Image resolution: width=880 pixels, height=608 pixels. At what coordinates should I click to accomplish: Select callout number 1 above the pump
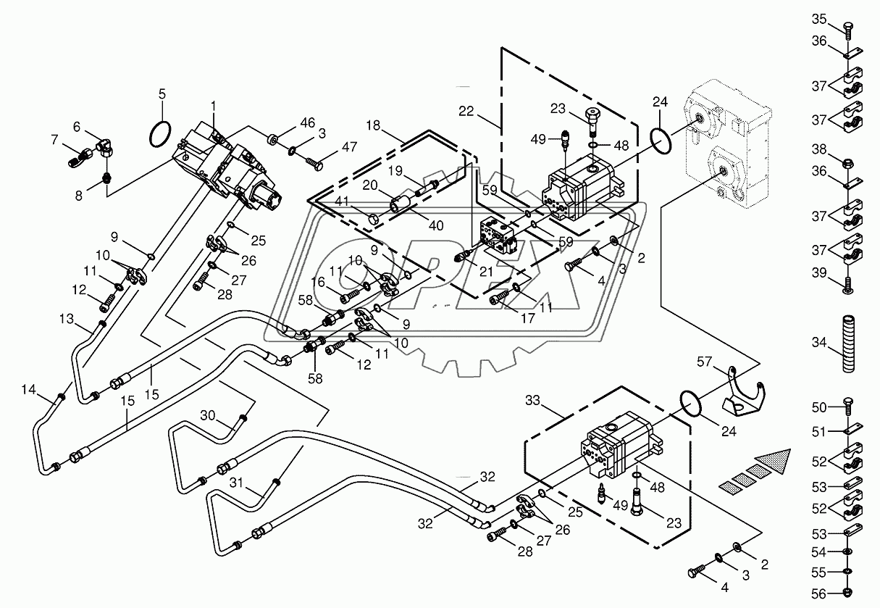214,107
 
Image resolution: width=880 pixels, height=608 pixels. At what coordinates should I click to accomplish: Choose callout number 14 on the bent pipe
28,391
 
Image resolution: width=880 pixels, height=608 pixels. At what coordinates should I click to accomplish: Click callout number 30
208,415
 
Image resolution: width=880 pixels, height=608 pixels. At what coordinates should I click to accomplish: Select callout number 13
67,319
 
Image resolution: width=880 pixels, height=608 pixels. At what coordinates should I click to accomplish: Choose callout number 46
308,122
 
